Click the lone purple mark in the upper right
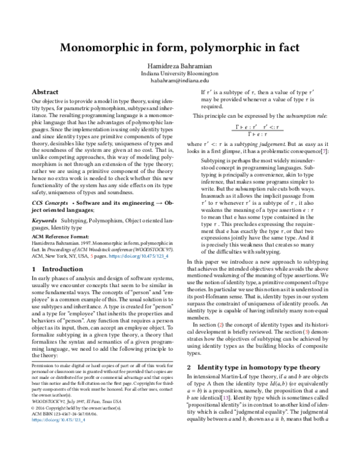pos(324,151)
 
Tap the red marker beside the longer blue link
pos(92,256)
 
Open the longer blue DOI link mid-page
pos(139,256)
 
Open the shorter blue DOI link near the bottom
pos(58,420)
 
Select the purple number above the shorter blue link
pos(226,398)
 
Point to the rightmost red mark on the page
pos(306,331)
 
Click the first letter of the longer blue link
pos(110,256)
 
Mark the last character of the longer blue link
pos(167,256)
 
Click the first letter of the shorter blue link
pos(32,420)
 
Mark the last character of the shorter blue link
pos(84,420)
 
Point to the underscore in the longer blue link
pos(164,258)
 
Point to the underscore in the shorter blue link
pos(82,421)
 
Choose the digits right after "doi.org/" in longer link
pos(146,256)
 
